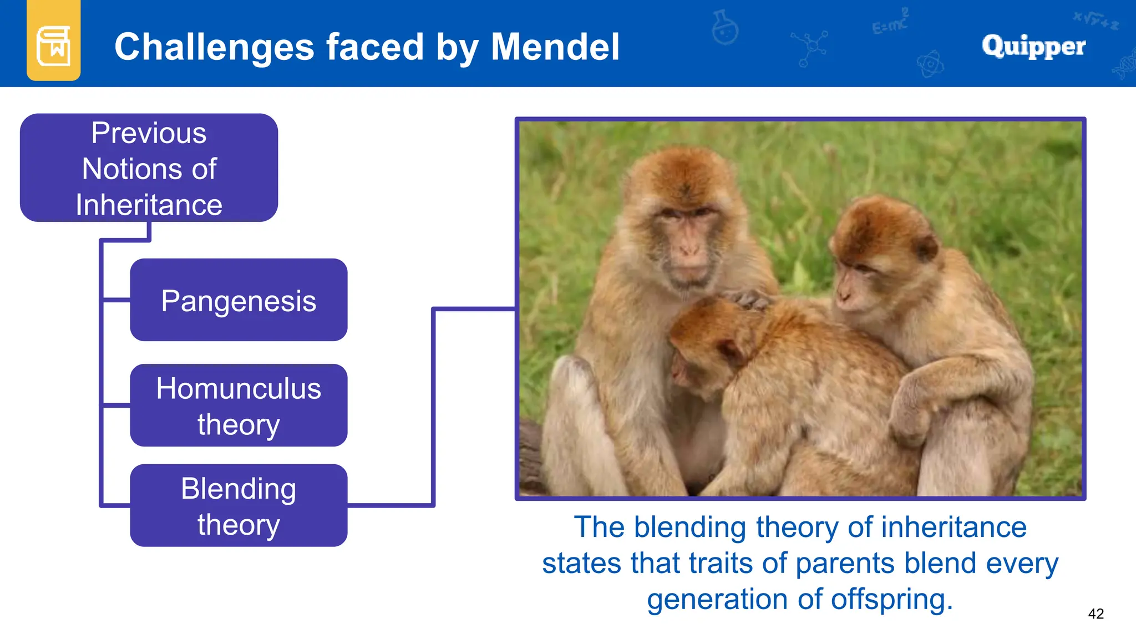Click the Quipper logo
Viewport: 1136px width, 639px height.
(x=1033, y=46)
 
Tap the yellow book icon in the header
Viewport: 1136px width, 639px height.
(x=53, y=45)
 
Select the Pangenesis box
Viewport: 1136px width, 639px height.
(x=239, y=300)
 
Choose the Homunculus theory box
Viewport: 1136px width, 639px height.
(x=239, y=405)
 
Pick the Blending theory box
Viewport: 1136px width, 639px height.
(x=239, y=505)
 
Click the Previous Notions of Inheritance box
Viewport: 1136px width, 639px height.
(x=149, y=168)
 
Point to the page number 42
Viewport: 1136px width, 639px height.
(x=1096, y=613)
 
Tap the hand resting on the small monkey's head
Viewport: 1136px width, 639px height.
(x=749, y=300)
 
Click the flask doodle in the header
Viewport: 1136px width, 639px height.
(x=725, y=28)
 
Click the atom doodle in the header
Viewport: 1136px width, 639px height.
(x=930, y=64)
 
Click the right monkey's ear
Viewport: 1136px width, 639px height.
(x=925, y=248)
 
